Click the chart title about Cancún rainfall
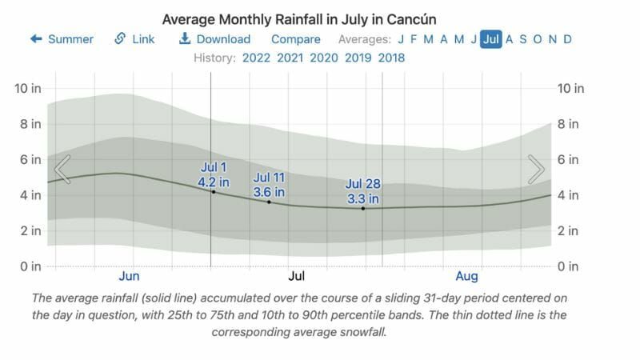click(x=304, y=18)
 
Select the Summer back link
click(x=62, y=39)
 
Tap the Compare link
click(x=295, y=39)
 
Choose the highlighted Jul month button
click(x=490, y=39)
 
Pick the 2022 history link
click(x=256, y=58)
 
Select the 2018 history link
click(x=391, y=58)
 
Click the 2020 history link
click(x=323, y=58)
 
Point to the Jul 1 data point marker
click(x=213, y=192)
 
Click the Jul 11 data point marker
click(x=269, y=202)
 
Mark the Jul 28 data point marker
click(x=363, y=208)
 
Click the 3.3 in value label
click(x=362, y=198)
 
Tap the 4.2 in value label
click(x=214, y=182)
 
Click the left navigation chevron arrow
click(x=62, y=169)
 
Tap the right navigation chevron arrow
click(x=536, y=169)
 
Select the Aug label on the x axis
click(x=466, y=277)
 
